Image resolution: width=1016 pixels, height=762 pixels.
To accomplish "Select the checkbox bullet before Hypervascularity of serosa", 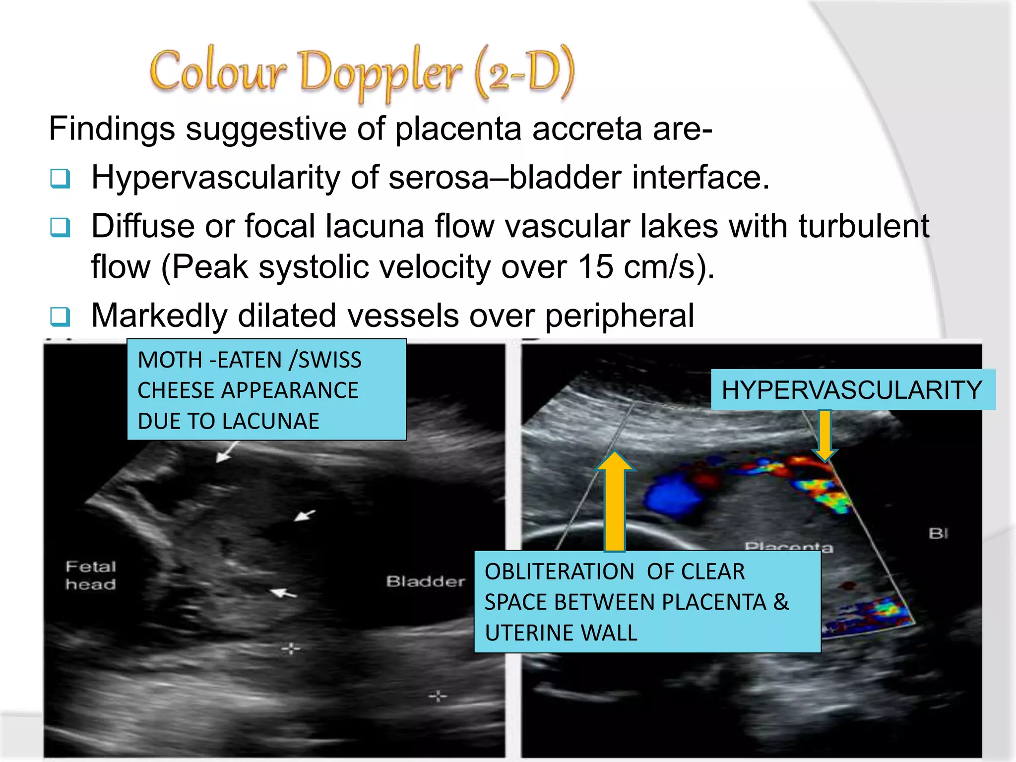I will coord(61,178).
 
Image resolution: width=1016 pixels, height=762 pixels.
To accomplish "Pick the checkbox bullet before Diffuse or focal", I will coord(61,227).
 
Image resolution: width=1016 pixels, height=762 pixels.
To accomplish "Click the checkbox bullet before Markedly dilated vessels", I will coord(61,316).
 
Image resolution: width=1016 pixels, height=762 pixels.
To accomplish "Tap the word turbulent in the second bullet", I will coord(863,226).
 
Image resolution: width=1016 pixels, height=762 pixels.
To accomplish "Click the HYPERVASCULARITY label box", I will coord(852,390).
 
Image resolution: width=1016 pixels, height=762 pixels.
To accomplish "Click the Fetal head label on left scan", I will coord(91,575).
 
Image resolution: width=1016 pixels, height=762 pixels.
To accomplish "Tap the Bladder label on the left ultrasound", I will coord(426,581).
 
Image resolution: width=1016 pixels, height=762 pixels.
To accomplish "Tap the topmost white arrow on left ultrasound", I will coord(226,453).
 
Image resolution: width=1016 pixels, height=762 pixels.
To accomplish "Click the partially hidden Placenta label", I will coord(789,547).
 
